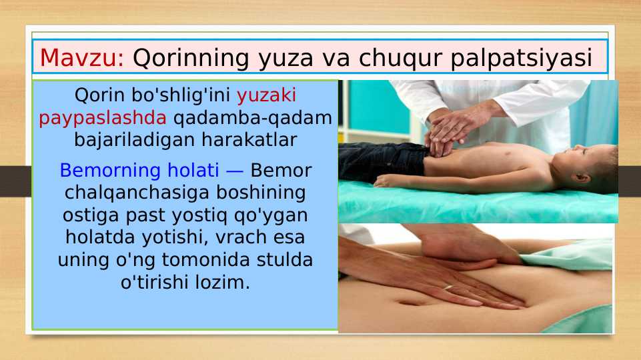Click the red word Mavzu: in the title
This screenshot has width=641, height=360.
pyautogui.click(x=82, y=58)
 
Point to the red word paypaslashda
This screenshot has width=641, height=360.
pyautogui.click(x=103, y=118)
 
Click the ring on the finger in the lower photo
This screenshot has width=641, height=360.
pyautogui.click(x=448, y=287)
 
